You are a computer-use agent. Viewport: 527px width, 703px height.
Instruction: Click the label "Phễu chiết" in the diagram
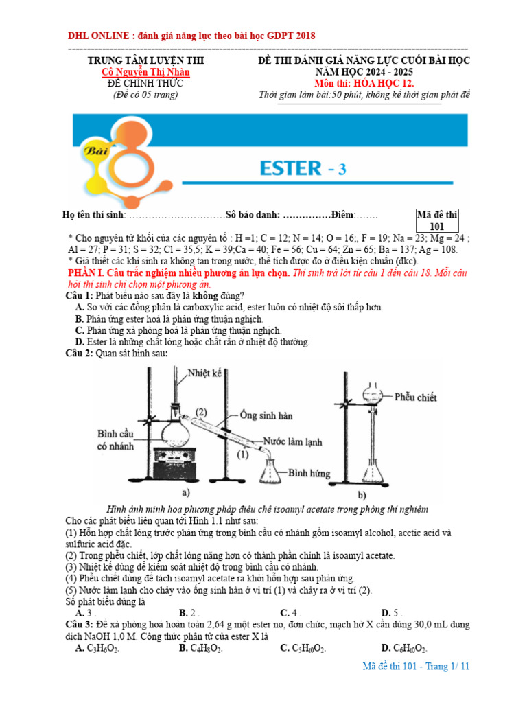click(419, 397)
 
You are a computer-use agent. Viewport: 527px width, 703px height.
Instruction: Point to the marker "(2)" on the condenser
click(200, 412)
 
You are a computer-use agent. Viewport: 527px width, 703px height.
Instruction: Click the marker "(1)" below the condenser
click(242, 454)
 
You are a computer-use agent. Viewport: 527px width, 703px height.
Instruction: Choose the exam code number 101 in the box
click(437, 227)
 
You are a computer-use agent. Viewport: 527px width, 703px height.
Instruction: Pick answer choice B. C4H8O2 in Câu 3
click(200, 647)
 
